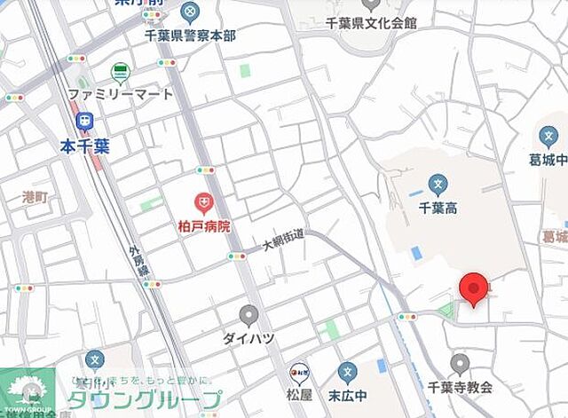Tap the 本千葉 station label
coord(84,143)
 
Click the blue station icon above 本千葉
coord(84,120)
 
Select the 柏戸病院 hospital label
coord(205,226)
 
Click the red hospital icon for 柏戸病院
coord(205,205)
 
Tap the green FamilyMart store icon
coord(120,72)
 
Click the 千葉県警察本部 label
coord(190,35)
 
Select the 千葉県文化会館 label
coord(371,23)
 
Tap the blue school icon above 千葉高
coord(437,185)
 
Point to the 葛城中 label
coord(548,161)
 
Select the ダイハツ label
coord(249,338)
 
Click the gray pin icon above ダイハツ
coord(249,315)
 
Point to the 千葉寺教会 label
coord(459,387)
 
